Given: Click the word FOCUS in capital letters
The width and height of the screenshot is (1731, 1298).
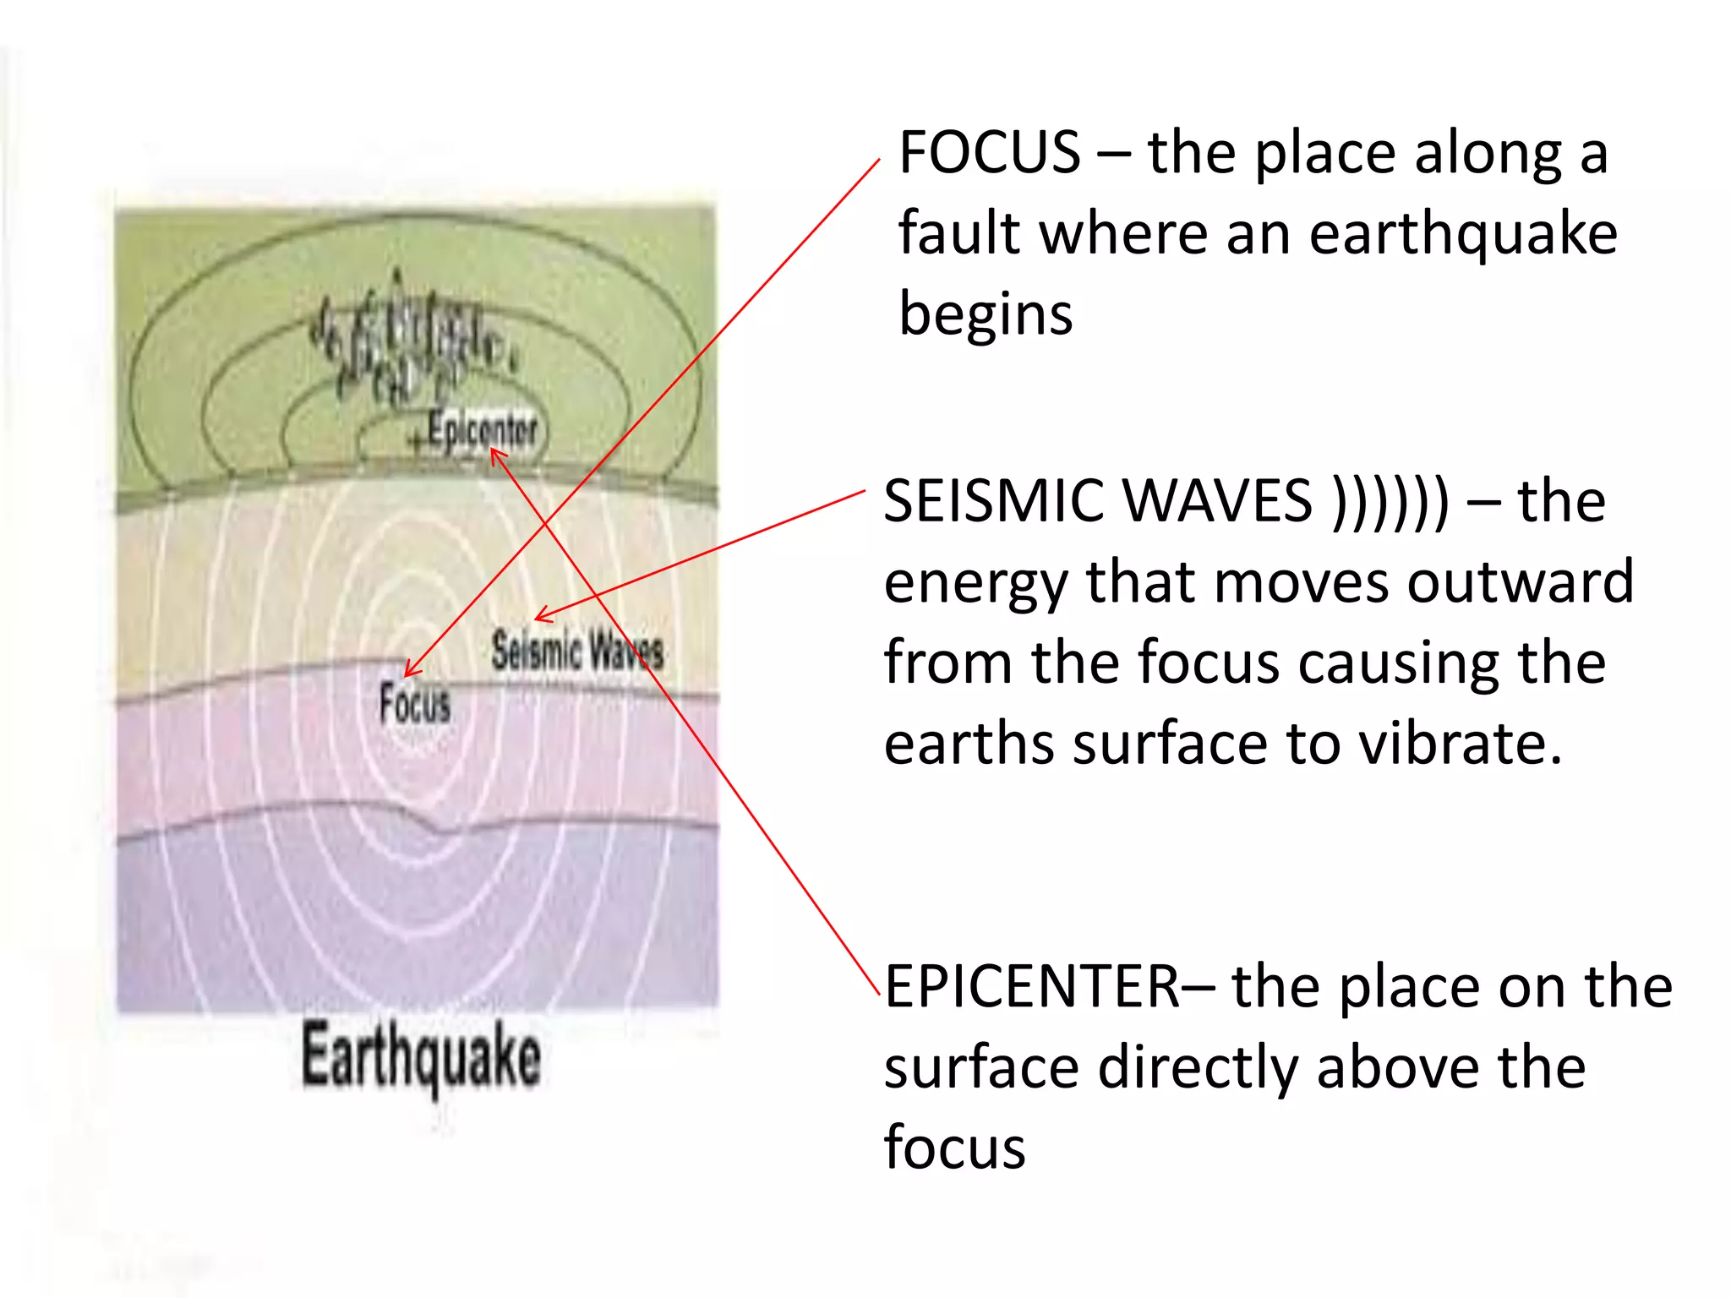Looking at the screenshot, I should [x=989, y=153].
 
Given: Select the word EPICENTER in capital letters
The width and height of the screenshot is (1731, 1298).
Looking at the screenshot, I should [x=1032, y=986].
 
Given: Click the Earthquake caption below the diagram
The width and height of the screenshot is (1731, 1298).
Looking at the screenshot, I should [x=421, y=1056].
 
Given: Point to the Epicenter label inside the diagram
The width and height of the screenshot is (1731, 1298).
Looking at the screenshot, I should [x=482, y=429].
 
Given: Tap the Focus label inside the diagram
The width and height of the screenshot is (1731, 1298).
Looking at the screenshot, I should [x=414, y=703].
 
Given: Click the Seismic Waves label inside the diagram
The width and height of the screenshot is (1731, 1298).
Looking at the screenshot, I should [x=577, y=652].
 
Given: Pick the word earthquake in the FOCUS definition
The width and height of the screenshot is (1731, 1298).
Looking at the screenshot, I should [x=1463, y=233].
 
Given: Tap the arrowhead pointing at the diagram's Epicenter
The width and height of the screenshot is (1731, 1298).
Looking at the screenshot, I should [x=495, y=454].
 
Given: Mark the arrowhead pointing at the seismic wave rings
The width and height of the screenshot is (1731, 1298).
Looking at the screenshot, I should [x=539, y=617].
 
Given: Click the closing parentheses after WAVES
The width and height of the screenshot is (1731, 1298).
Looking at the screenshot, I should [x=1390, y=501].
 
